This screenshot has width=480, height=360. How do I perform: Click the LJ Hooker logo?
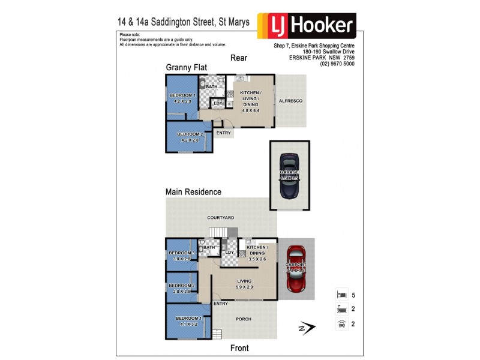(x=307, y=26)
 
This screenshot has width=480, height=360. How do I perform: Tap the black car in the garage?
(x=289, y=175)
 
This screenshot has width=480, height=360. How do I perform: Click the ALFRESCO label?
(x=290, y=101)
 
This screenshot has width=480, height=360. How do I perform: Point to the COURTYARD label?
(x=220, y=218)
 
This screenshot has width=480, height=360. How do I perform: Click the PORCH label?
(x=244, y=319)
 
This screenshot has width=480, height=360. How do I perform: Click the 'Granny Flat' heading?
(x=187, y=69)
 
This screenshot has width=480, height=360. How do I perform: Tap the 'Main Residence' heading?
(x=194, y=192)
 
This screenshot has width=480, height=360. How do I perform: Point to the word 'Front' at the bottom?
(x=239, y=348)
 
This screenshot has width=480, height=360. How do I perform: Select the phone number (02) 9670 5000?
(x=337, y=64)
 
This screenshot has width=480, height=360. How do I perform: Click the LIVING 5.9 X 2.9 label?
(x=244, y=284)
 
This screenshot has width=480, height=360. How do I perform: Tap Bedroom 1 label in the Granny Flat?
(x=182, y=98)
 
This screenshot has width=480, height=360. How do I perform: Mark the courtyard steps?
(x=223, y=232)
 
